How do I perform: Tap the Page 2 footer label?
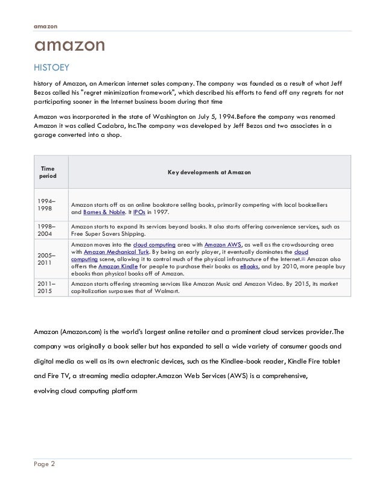[45, 465]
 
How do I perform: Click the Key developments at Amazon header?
[210, 172]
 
